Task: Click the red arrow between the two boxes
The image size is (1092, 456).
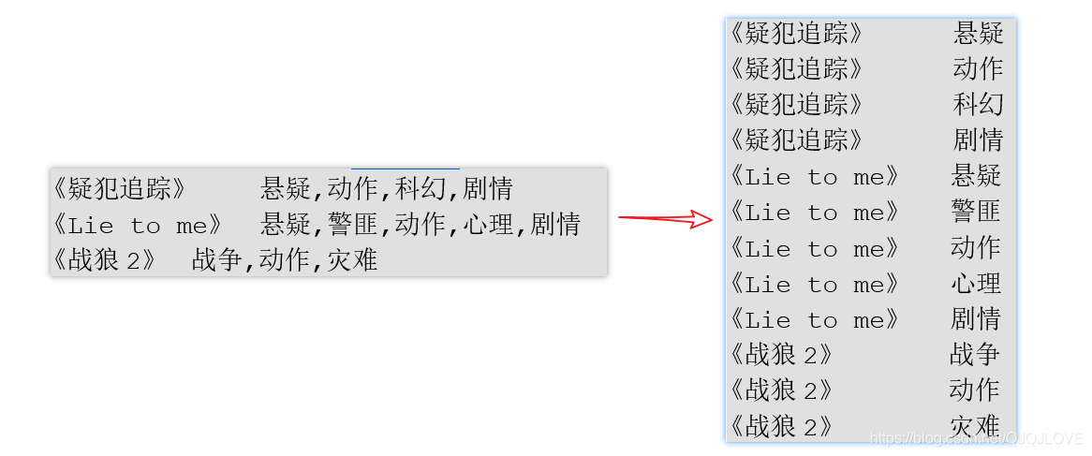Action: (665, 220)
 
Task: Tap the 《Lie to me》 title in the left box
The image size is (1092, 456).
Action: (138, 225)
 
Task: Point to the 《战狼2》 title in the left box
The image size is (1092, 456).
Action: (104, 260)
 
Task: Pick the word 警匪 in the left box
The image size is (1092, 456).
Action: (353, 225)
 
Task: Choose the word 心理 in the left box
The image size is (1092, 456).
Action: (488, 225)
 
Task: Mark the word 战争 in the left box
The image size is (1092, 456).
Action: (217, 260)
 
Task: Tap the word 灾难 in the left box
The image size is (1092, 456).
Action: (352, 260)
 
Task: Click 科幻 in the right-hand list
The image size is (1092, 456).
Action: (978, 104)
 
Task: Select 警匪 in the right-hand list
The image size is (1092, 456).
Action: (976, 212)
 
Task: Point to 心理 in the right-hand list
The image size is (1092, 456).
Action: (976, 283)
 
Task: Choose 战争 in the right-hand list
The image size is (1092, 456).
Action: (974, 354)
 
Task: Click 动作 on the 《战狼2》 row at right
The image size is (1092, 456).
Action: (974, 390)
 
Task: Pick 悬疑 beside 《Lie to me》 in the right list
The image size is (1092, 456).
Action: (976, 176)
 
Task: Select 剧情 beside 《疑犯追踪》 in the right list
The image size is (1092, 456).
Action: (978, 140)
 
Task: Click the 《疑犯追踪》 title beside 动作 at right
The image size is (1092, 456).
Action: (795, 68)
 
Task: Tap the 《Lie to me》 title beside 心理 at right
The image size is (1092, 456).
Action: (814, 283)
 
